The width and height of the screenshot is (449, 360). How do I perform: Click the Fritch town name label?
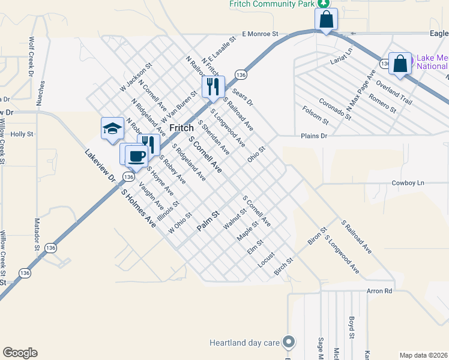(x=181, y=128)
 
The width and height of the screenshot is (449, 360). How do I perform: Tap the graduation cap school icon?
(x=112, y=129)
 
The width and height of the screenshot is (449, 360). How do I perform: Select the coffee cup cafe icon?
(x=136, y=156)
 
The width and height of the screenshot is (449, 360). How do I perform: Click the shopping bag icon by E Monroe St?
(x=325, y=20)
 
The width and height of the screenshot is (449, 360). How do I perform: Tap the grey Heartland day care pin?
(x=289, y=343)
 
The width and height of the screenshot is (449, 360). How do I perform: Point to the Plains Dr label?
(x=315, y=136)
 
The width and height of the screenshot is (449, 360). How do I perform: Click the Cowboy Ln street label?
(x=408, y=182)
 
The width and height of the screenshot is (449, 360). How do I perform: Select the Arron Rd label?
(x=379, y=291)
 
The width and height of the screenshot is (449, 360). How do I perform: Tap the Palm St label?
(x=209, y=221)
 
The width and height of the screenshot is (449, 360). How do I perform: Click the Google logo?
(x=20, y=352)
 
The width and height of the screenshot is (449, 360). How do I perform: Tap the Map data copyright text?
(x=424, y=355)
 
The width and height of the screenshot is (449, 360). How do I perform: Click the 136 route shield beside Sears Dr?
(x=241, y=74)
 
